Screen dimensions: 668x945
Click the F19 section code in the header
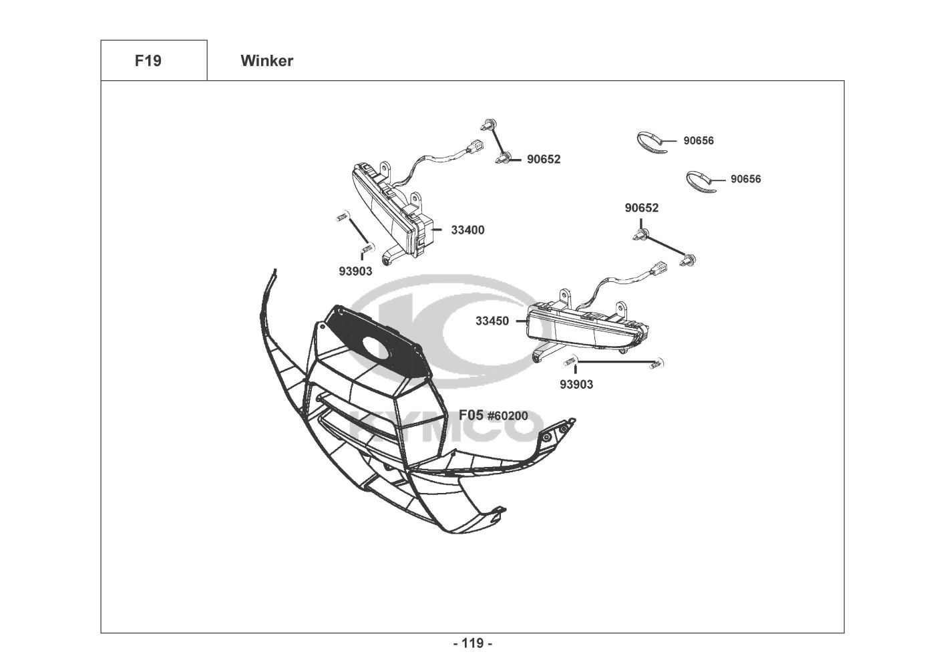pos(148,61)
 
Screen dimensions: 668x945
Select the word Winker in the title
pos(266,61)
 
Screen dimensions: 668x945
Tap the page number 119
pos(472,643)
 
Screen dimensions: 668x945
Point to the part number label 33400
pos(467,230)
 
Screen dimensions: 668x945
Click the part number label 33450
pos(492,321)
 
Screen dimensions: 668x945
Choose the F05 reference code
pos(471,415)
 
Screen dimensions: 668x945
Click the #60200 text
pos(507,416)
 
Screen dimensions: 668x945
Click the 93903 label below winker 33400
pos(355,271)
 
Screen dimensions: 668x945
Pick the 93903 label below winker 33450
pos(576,384)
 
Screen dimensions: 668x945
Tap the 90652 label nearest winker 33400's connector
pos(544,159)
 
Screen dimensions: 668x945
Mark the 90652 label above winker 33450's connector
pos(642,208)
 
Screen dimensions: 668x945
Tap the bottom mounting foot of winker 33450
pos(538,357)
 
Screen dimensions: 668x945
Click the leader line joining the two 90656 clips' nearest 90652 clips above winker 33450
pos(665,246)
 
